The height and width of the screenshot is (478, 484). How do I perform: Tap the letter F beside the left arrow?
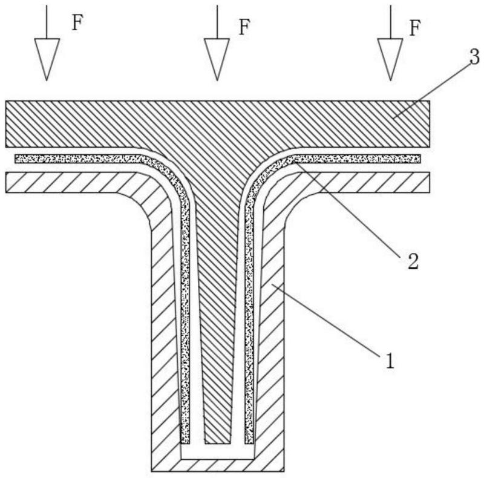pyautogui.click(x=77, y=22)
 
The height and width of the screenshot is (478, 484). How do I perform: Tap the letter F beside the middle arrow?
pyautogui.click(x=244, y=27)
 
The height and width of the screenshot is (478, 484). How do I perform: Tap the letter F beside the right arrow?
pyautogui.click(x=415, y=28)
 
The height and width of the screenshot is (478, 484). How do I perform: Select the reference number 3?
pyautogui.click(x=474, y=56)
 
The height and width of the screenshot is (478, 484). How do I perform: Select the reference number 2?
pyautogui.click(x=413, y=261)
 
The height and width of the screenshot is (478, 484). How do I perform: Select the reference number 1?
pyautogui.click(x=390, y=361)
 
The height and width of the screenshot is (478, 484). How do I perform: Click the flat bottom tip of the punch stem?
pyautogui.click(x=217, y=444)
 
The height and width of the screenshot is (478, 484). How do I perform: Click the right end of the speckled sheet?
pyautogui.click(x=419, y=159)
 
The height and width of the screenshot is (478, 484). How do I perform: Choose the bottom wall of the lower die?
pyautogui.click(x=217, y=465)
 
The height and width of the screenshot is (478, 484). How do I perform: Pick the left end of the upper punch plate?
pyautogui.click(x=7, y=124)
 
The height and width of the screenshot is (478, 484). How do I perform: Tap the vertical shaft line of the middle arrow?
pyautogui.click(x=217, y=22)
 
